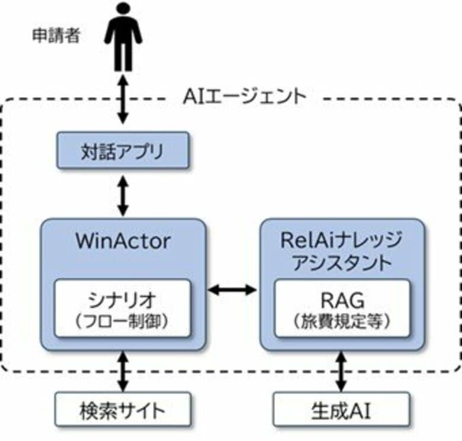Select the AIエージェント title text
[x=244, y=96]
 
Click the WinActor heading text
[x=123, y=242]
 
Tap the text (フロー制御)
[x=123, y=321]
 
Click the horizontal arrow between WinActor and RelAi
[x=233, y=289]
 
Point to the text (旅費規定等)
[x=342, y=321]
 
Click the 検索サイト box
[x=123, y=409]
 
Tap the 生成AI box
[x=342, y=409]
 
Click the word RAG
[x=342, y=298]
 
